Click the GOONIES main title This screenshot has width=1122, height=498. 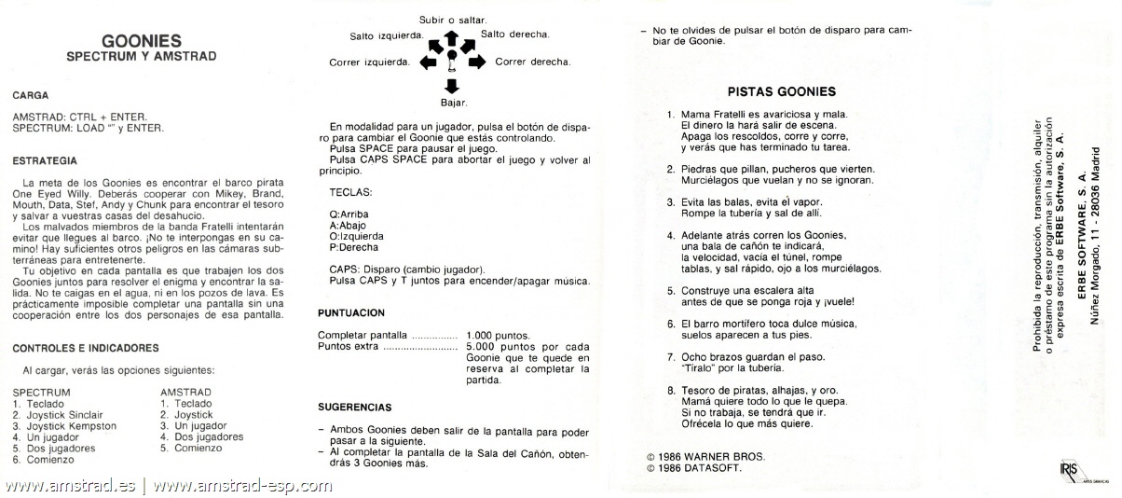point(142,40)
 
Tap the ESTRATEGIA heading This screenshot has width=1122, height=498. point(44,160)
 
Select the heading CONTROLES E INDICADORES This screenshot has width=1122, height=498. point(86,348)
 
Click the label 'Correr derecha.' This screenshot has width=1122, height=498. point(532,62)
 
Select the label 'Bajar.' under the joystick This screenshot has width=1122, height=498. point(453,102)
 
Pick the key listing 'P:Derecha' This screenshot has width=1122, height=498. point(354,247)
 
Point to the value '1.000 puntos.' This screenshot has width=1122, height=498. point(498,335)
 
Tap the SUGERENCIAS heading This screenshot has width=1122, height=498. point(354,407)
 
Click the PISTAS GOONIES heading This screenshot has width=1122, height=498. point(780,91)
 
